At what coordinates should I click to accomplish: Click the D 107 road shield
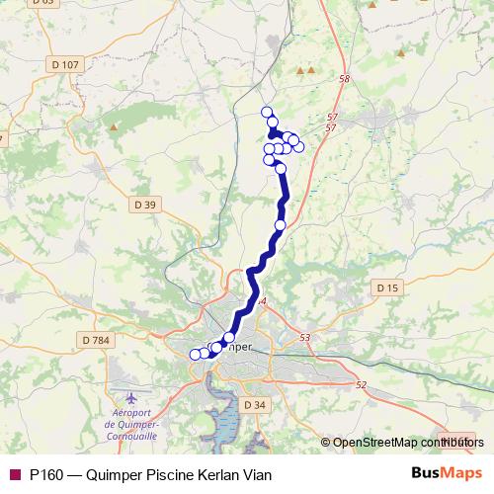[x=65, y=65]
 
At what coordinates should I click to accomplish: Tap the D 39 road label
[x=144, y=205]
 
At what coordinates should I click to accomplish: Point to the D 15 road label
[x=387, y=288]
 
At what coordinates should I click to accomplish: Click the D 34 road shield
[x=255, y=405]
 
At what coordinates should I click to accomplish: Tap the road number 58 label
[x=344, y=79]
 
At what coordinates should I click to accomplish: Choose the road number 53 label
[x=304, y=338]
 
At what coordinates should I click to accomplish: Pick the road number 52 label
[x=361, y=384]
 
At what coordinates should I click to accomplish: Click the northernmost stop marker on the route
[x=266, y=112]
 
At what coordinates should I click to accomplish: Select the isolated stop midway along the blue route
[x=280, y=225]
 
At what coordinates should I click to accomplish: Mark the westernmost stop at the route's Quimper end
[x=195, y=355]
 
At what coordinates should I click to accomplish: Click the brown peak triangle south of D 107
[x=115, y=126]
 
